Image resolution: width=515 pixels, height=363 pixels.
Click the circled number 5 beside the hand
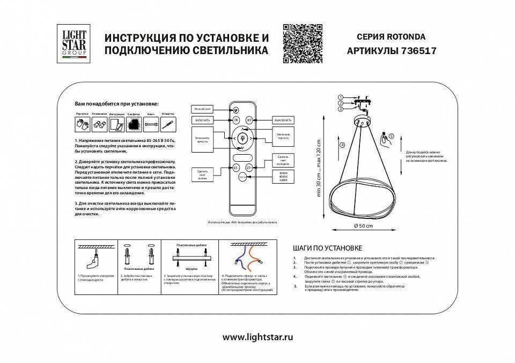click(391, 137)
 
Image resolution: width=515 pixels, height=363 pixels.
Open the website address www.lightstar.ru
click(257, 338)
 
